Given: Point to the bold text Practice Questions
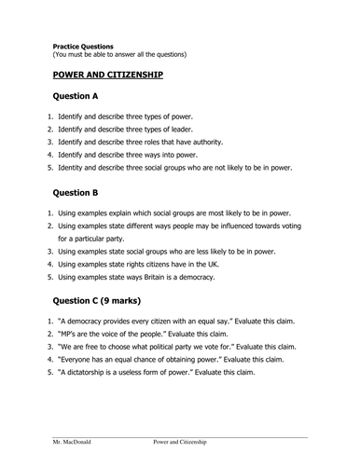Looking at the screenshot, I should (83, 44).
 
